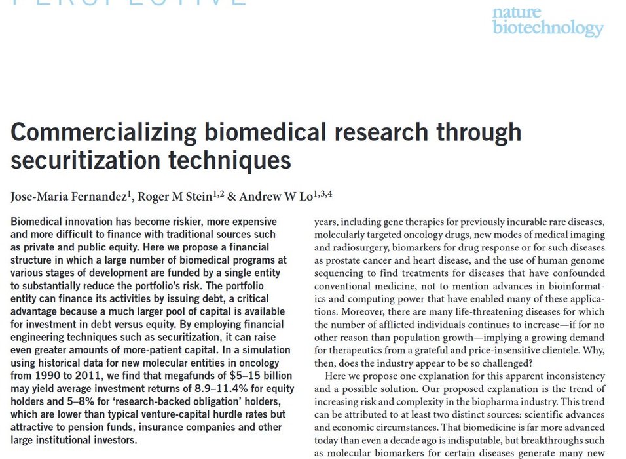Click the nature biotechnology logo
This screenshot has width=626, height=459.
click(x=547, y=20)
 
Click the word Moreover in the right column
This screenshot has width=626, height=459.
click(x=335, y=311)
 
